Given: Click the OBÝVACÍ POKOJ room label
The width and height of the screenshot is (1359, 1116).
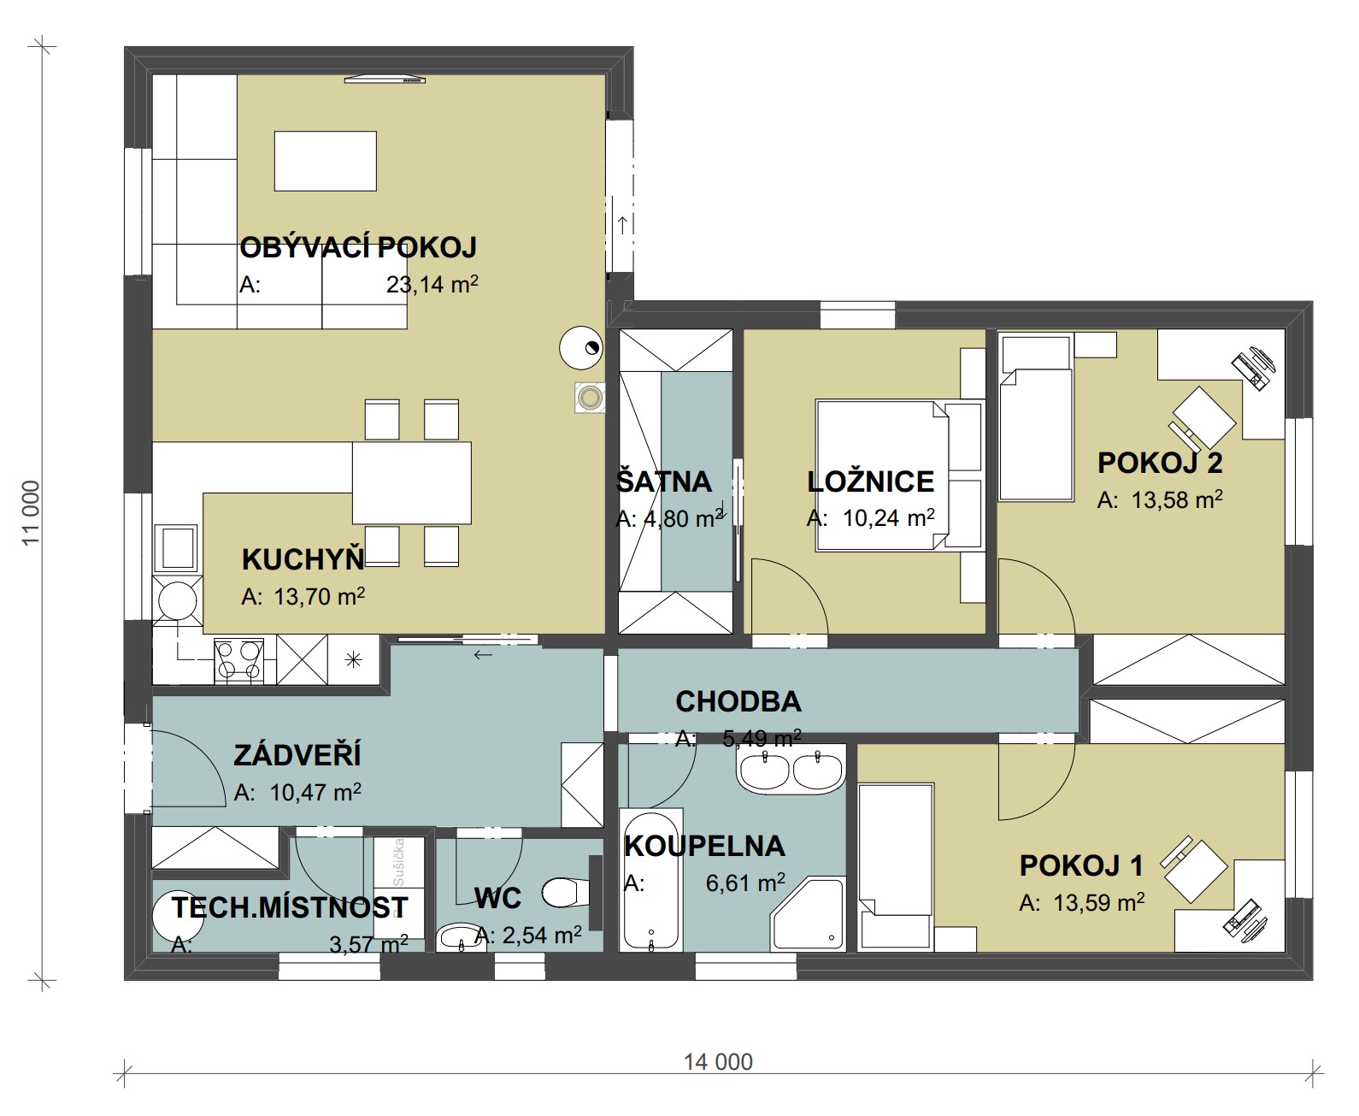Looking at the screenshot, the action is point(357,247).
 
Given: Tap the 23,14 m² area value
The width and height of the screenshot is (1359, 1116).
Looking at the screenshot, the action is point(432,284).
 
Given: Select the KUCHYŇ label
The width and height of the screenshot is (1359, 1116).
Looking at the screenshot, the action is point(303,559).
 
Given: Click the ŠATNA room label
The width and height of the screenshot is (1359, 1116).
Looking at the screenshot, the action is point(664,481).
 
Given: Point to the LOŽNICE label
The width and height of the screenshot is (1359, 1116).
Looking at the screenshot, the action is point(871,481).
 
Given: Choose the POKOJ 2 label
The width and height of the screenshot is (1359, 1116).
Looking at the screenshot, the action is point(1160,463).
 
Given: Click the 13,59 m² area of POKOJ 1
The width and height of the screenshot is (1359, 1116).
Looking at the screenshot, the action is point(1098,902).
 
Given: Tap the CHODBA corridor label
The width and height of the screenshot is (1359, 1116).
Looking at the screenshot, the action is point(738,701).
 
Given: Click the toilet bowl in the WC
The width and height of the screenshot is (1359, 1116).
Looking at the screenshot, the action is point(565,892).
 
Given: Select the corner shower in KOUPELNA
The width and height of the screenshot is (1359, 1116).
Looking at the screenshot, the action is point(808,913).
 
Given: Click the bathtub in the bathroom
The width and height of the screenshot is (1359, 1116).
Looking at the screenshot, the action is point(650,881).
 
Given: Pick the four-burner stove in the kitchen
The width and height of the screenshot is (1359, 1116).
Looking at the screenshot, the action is point(239,661).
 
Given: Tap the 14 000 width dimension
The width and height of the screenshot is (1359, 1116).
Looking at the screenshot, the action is point(718,1062).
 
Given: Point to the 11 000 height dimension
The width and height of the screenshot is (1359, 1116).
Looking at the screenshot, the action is point(31,513).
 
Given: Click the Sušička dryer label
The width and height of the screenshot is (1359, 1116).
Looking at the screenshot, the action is point(398,862).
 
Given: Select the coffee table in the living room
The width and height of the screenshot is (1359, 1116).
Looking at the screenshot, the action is point(326,161).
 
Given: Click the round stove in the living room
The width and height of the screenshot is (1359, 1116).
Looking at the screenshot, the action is point(580,347).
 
